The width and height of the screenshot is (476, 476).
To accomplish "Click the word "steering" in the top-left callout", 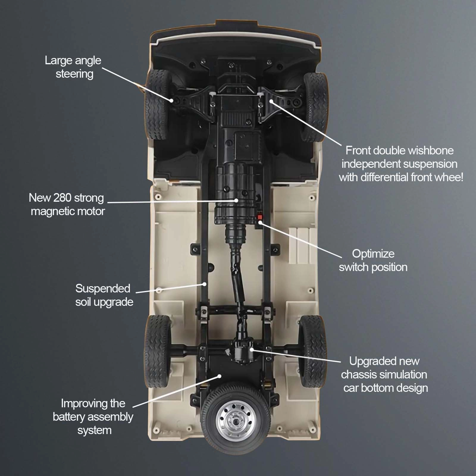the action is (x=74, y=74).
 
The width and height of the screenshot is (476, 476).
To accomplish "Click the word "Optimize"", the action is (x=373, y=254).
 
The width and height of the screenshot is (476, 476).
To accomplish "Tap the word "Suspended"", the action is (x=103, y=289).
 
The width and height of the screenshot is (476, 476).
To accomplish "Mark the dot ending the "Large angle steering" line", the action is (x=172, y=101).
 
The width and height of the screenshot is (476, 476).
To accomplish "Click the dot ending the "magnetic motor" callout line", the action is (x=236, y=201).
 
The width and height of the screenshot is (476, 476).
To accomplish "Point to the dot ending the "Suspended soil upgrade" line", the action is (x=205, y=284).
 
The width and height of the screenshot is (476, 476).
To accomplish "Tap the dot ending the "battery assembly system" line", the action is (x=220, y=376).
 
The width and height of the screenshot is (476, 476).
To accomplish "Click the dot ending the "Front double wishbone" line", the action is (x=271, y=101).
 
